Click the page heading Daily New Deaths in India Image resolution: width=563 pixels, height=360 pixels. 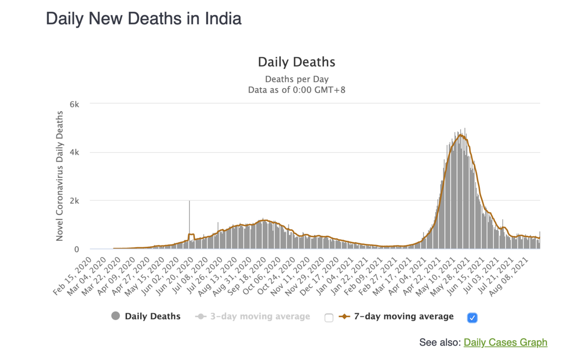pos(144,19)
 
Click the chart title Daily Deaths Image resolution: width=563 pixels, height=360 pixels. pos(297,62)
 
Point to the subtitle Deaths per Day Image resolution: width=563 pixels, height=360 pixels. pos(297,79)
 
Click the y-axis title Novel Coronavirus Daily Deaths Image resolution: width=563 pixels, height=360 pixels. pos(60,176)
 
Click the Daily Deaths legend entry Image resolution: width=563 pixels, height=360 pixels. pos(152,316)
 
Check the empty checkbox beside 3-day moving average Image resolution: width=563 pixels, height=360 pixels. pos(329,318)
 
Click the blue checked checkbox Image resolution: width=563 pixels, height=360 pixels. pos(472,318)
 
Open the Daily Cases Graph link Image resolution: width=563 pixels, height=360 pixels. pos(505,343)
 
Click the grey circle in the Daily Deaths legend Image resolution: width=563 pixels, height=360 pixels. pos(115,316)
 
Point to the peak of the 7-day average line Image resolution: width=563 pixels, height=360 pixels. pos(461,135)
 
